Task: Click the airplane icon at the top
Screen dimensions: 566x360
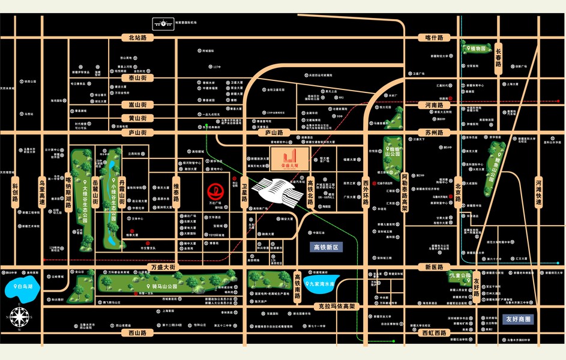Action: [163, 23]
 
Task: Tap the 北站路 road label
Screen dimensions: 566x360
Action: [137, 38]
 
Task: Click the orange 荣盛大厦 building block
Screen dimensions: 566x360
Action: [289, 158]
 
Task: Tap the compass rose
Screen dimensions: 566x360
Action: [20, 317]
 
